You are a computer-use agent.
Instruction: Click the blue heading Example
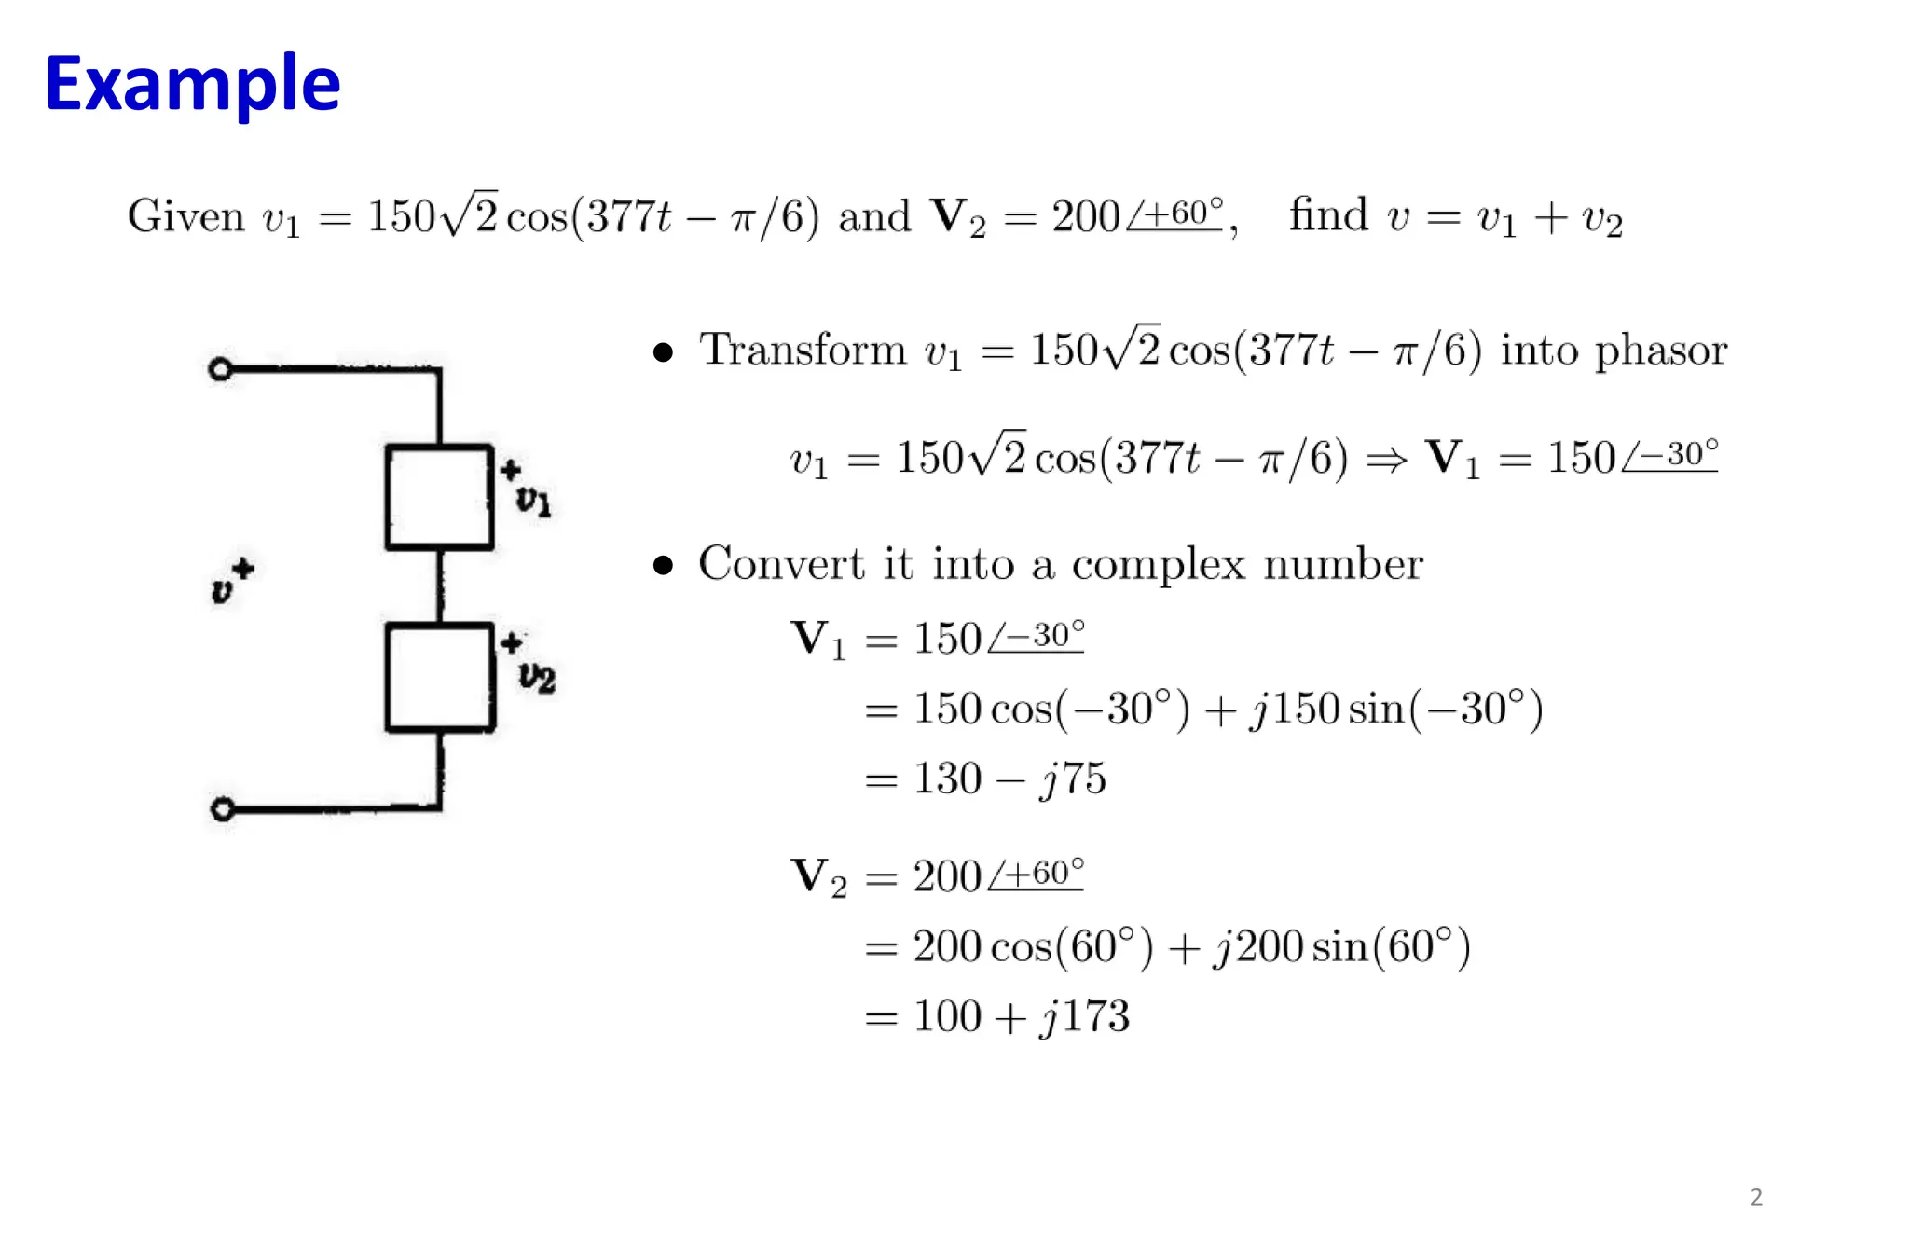tap(192, 85)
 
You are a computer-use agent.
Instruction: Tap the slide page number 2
tap(1756, 1197)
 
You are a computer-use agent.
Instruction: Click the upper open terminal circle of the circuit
tap(220, 370)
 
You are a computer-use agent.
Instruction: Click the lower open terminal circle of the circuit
tap(222, 808)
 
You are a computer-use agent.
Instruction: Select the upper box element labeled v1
tap(439, 498)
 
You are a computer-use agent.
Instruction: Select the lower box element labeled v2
tap(439, 677)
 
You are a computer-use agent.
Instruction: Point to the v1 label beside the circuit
tap(534, 501)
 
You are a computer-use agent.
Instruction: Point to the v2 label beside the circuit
tap(537, 677)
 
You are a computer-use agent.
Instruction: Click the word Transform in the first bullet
tap(803, 351)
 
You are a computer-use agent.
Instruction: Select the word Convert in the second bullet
tap(781, 564)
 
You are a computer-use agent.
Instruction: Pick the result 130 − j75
tap(1009, 779)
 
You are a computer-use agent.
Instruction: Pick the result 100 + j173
tap(1021, 1016)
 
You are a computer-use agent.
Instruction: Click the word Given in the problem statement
tap(185, 216)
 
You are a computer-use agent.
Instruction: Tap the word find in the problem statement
tap(1328, 215)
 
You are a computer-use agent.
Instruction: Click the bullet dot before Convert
tap(663, 565)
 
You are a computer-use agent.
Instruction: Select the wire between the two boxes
tap(440, 586)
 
